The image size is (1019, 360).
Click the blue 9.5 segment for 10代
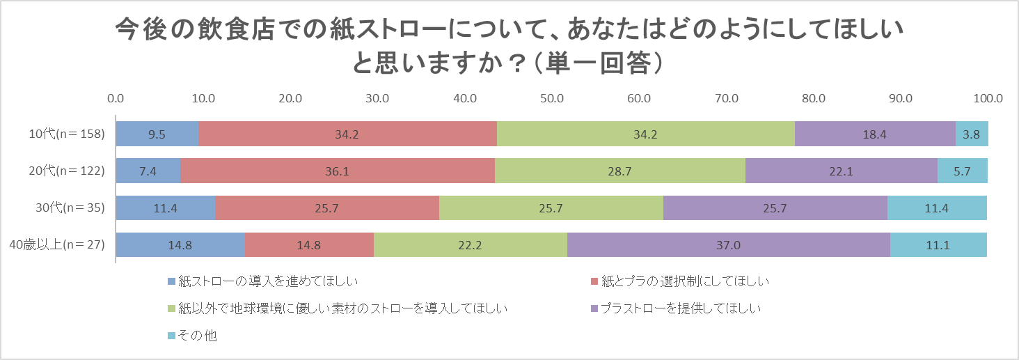tap(157, 134)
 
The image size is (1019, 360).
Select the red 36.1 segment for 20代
tap(338, 171)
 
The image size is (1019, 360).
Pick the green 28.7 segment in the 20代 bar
tap(620, 171)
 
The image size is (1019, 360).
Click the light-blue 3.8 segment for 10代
tap(972, 134)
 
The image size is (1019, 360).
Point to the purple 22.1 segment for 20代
tap(842, 171)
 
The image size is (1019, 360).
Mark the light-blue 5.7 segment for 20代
tap(963, 171)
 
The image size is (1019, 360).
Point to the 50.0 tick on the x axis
tap(552, 98)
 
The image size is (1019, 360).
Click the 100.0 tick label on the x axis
tap(988, 98)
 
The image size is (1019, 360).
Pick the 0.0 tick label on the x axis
tap(116, 98)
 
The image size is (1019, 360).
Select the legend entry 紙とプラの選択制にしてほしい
tap(679, 281)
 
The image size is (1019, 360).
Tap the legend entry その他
tap(197, 336)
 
